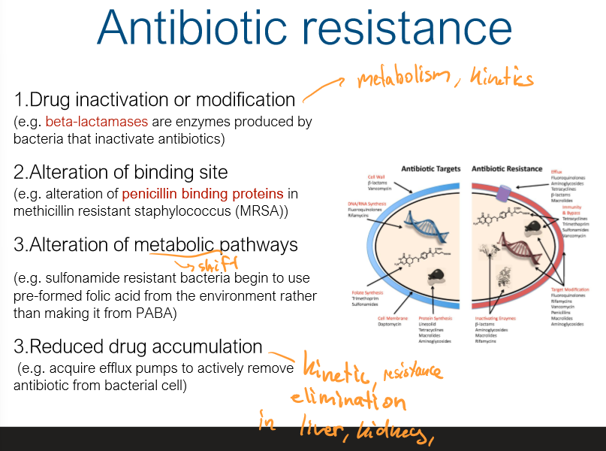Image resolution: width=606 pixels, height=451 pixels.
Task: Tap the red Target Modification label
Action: coord(568,289)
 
